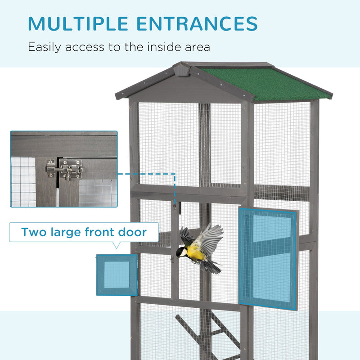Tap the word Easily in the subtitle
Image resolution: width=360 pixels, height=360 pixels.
(45, 47)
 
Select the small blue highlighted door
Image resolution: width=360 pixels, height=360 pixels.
(117, 275)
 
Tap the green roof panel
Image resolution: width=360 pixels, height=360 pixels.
(265, 82)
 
